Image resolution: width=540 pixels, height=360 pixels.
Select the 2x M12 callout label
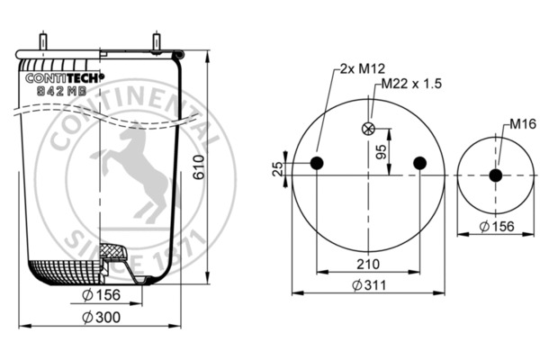click(x=360, y=68)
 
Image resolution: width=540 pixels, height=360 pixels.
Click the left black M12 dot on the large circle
click(x=317, y=162)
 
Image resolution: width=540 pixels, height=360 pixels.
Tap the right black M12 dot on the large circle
click(x=418, y=162)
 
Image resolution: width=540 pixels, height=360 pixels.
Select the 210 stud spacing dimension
click(x=367, y=264)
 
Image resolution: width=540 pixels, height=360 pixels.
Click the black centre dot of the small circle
click(x=495, y=175)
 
